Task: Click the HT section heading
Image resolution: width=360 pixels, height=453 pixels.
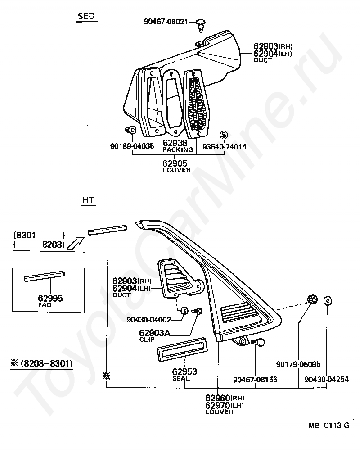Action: [88, 200]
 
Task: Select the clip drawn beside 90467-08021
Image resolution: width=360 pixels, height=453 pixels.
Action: [201, 25]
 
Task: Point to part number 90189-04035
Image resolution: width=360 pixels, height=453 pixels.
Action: [132, 146]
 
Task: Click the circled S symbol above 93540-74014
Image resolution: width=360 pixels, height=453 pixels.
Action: [224, 135]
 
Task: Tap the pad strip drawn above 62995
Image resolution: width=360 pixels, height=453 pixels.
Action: [44, 276]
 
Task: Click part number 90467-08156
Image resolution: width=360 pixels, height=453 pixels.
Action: [255, 380]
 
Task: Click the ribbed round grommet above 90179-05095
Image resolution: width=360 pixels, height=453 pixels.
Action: [310, 300]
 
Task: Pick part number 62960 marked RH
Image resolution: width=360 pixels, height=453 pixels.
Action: [218, 398]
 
